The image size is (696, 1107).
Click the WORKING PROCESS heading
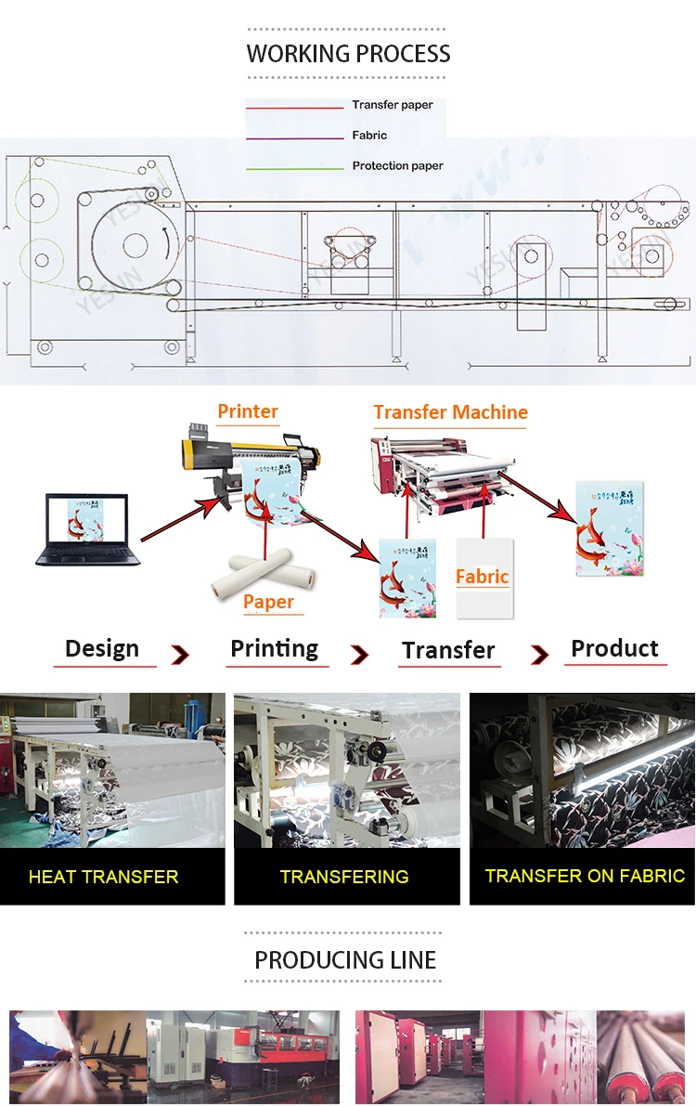click(x=348, y=54)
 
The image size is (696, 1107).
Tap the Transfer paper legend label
click(x=392, y=105)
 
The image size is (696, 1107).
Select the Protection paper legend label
click(x=397, y=165)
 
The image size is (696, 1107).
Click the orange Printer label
click(x=248, y=411)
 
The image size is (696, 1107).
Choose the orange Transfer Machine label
click(x=450, y=412)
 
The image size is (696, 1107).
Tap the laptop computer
click(x=87, y=529)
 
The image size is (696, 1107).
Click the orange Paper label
click(x=268, y=602)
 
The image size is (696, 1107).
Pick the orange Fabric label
click(x=482, y=577)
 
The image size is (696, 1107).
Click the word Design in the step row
click(x=102, y=648)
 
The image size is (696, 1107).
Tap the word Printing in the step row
click(x=274, y=648)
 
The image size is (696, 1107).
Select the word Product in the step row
click(x=614, y=648)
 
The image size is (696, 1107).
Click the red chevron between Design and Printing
click(x=179, y=656)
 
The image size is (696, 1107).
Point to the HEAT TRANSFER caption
click(x=103, y=876)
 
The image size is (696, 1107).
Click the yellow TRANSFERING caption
click(x=344, y=876)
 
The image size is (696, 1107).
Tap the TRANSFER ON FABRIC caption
click(x=585, y=875)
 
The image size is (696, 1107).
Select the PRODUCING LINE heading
click(x=345, y=959)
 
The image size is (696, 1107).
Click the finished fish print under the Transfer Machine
click(x=610, y=527)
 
